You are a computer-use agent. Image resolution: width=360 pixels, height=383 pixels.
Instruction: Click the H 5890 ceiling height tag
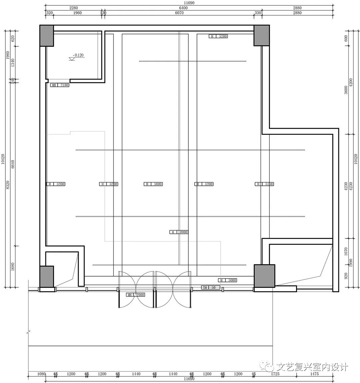[x=153, y=184]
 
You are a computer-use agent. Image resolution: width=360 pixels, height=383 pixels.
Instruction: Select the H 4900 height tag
[x=179, y=232]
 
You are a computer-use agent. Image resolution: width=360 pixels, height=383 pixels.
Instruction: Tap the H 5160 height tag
[x=264, y=184]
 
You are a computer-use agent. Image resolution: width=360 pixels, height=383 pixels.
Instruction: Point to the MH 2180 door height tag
[x=60, y=85]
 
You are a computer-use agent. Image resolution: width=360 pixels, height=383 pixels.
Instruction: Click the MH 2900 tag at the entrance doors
[x=135, y=295]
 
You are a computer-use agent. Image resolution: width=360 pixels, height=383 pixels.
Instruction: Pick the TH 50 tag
[x=211, y=287]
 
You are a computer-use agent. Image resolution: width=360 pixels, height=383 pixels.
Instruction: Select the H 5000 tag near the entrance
[x=228, y=280]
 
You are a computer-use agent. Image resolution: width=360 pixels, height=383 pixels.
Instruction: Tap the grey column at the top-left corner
[x=47, y=35]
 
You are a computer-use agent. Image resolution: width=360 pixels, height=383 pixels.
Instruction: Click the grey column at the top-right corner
[x=261, y=35]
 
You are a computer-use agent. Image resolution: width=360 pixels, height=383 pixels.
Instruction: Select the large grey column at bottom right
[x=264, y=276]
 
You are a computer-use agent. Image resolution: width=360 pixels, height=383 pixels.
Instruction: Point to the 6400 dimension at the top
[x=183, y=8]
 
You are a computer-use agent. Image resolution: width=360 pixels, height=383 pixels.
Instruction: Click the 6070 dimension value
[x=179, y=13]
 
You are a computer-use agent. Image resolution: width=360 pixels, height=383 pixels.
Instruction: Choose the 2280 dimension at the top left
[x=74, y=8]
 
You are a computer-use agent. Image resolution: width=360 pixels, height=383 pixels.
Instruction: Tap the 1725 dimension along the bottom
[x=275, y=374]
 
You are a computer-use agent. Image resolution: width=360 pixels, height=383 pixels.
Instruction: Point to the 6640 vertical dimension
[x=13, y=163]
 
